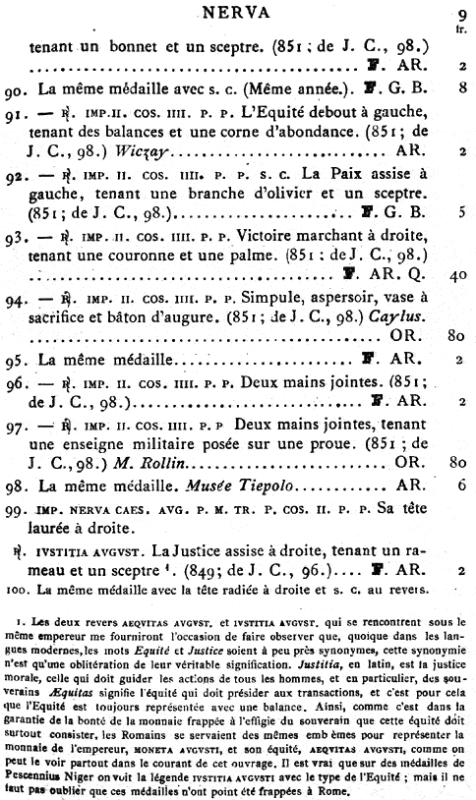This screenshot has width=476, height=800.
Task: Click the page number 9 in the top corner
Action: coord(461,14)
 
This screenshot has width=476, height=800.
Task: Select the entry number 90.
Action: coord(15,88)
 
